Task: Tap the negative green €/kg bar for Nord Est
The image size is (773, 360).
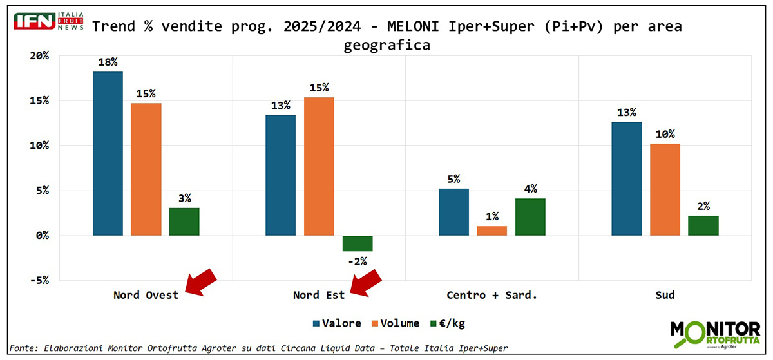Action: pos(358,243)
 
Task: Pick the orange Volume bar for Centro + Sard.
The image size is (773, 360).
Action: pos(492,231)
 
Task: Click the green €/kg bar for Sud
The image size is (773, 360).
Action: pos(703,226)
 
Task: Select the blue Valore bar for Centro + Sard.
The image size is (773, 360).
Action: pos(453,212)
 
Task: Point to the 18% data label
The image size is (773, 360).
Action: pos(108,62)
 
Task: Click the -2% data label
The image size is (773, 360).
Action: pos(357,261)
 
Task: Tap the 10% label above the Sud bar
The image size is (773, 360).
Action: pos(665,134)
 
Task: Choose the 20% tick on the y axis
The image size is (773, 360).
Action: pos(39,55)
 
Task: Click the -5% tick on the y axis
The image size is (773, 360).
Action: pos(39,280)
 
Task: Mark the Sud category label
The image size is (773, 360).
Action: pos(665,295)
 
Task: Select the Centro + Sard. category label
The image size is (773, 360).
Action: pos(491,295)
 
